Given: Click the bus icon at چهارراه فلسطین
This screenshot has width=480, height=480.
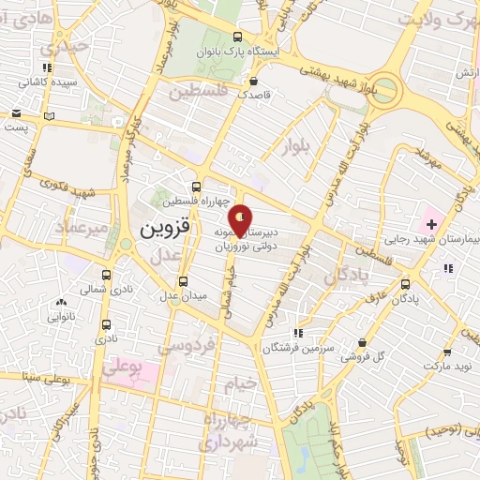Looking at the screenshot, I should (195, 187).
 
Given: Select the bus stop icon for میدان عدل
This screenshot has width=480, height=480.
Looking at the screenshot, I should (184, 280).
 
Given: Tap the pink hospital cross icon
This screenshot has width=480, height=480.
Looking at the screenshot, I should (431, 224).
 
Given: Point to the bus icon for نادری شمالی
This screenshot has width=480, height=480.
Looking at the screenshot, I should (106, 276).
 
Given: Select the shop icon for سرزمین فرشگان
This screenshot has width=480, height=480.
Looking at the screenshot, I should (297, 333).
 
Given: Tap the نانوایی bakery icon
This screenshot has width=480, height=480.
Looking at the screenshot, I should (62, 302).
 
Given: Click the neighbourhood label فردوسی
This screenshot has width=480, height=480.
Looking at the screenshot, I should (186, 346).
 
